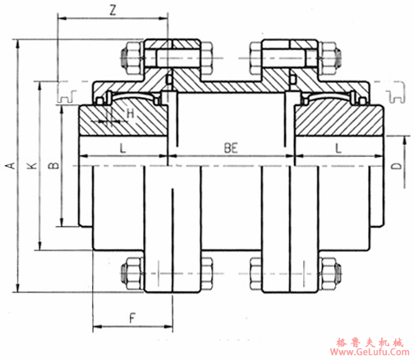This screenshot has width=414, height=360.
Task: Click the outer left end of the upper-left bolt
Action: (x=122, y=58)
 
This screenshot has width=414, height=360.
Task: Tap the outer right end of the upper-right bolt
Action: (x=339, y=58)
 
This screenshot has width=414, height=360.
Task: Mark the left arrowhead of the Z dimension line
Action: (x=61, y=21)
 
